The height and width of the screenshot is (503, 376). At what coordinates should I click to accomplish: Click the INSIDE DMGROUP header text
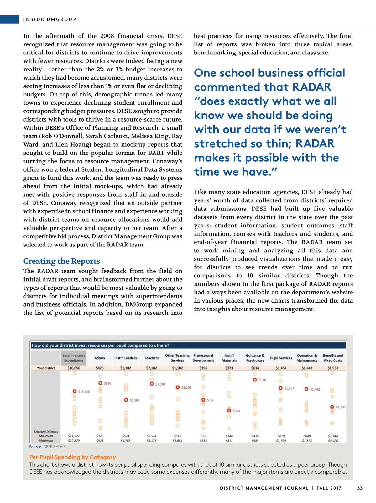[50, 19]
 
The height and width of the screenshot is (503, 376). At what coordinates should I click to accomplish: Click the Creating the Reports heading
[62, 261]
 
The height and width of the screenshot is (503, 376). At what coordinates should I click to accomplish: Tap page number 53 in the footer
[360, 488]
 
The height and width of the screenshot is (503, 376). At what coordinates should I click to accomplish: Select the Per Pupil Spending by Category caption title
[72, 457]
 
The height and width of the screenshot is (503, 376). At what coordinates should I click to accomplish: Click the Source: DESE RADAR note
[47, 447]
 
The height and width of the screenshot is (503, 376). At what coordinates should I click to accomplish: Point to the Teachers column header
[151, 358]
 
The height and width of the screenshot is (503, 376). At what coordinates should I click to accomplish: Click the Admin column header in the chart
[100, 358]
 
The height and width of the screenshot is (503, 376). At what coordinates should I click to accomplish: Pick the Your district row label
[46, 368]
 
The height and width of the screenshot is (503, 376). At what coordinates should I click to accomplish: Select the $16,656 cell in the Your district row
[74, 368]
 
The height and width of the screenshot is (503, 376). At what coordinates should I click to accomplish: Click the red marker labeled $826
[100, 383]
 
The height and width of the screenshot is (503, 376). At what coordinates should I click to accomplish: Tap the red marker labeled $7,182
[152, 384]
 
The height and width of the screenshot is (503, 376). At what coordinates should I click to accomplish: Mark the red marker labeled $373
[229, 411]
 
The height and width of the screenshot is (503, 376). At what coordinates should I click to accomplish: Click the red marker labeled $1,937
[332, 407]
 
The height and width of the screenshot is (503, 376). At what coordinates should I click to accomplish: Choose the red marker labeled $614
[255, 380]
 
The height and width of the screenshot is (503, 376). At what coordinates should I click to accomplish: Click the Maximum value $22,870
[74, 441]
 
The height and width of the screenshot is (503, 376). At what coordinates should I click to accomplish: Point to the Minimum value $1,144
[333, 436]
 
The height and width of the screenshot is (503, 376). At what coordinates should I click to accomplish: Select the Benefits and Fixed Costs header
[333, 358]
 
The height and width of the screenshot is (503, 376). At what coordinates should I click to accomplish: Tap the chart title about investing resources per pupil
[100, 345]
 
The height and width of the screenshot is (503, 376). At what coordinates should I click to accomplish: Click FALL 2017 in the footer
[329, 488]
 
